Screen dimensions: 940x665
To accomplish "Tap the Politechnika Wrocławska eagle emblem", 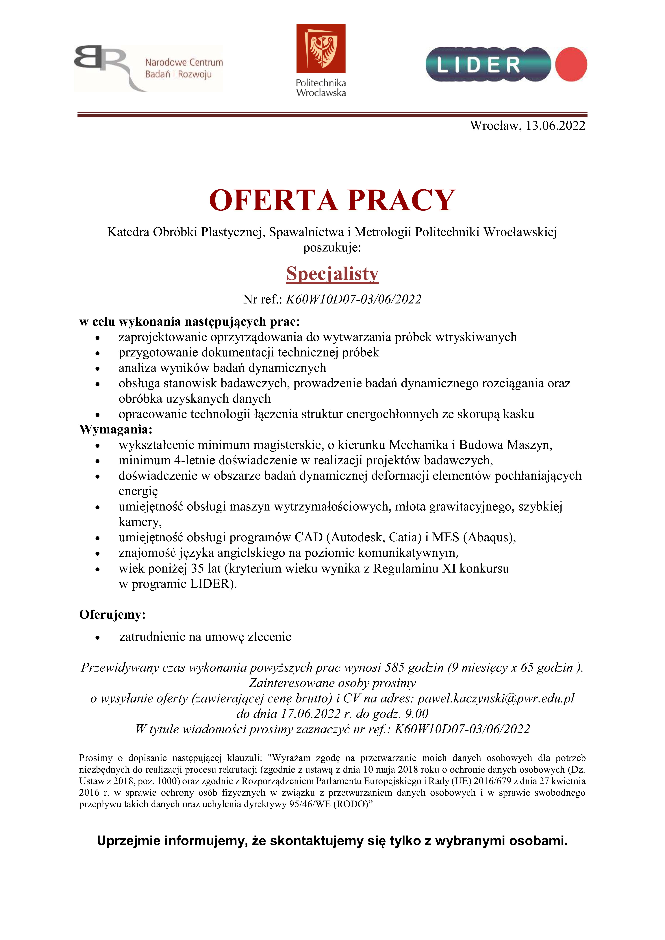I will click(x=321, y=49).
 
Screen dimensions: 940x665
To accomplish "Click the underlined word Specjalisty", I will click(x=332, y=274).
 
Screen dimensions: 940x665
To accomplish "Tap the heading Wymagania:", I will click(x=116, y=429).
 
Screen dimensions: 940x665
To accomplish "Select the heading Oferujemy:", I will click(x=112, y=615).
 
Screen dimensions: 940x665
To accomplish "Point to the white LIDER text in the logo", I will click(x=478, y=65).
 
